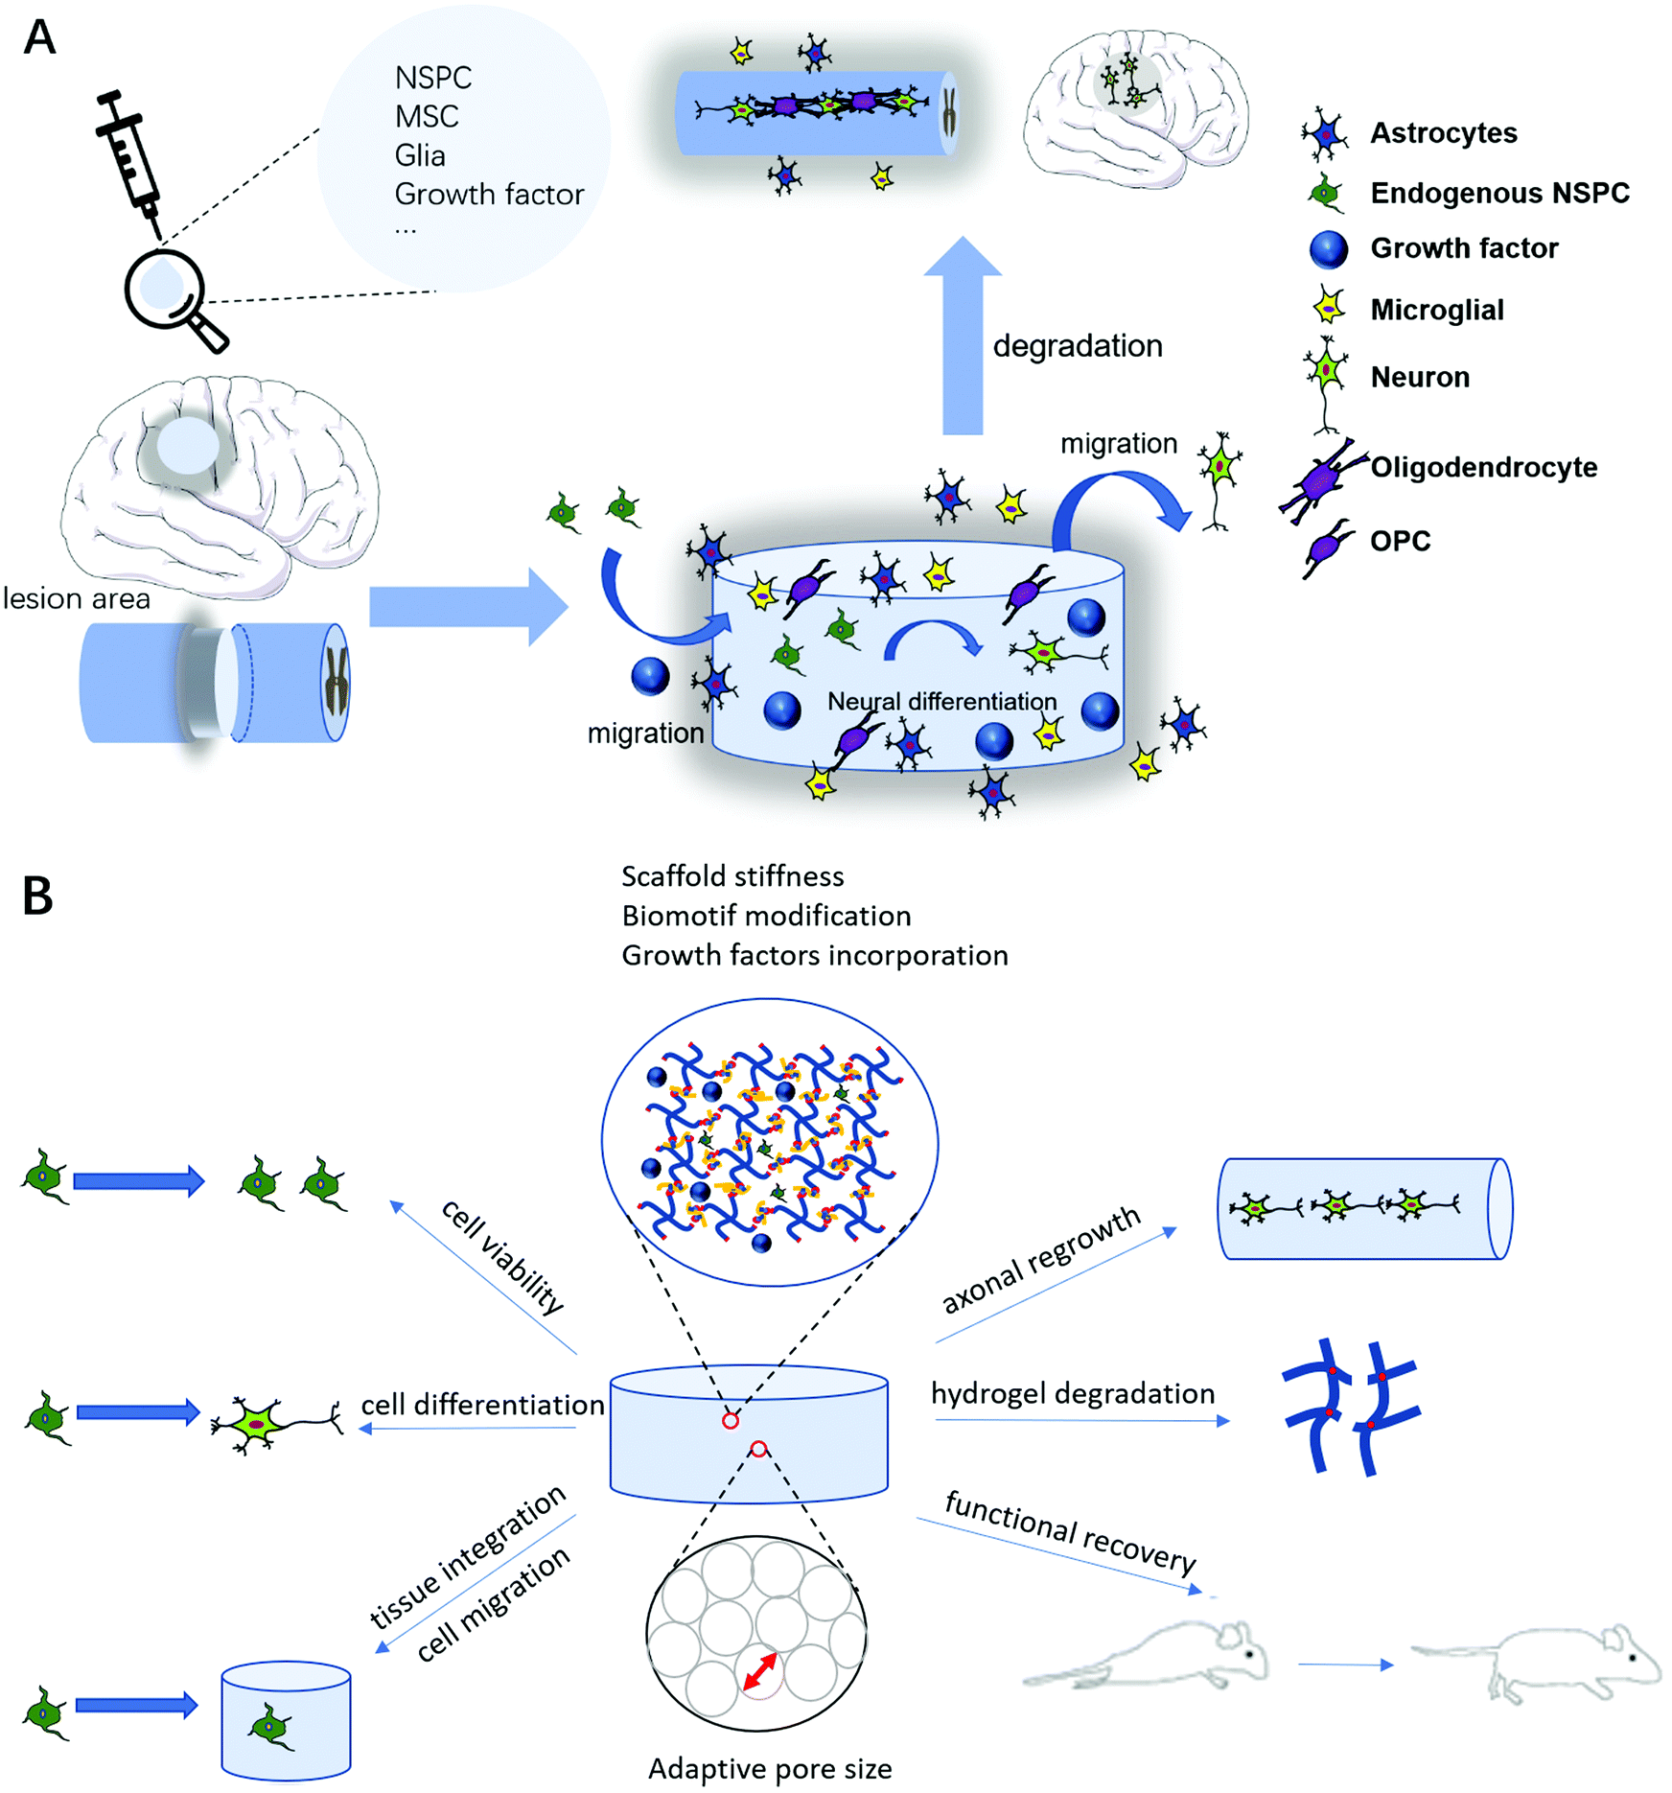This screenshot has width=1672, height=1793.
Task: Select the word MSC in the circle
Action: point(427,117)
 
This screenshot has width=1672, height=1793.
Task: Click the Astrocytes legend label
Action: point(1443,133)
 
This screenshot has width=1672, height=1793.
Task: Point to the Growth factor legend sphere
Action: point(1328,249)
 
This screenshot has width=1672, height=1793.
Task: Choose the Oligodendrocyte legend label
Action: point(1483,468)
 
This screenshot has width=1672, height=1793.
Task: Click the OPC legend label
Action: point(1400,542)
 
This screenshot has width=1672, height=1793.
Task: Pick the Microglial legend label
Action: point(1436,311)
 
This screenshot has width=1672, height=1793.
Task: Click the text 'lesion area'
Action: point(77,599)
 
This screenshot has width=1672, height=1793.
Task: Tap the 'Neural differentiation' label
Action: point(941,702)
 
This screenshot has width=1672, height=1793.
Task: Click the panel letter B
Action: point(37,896)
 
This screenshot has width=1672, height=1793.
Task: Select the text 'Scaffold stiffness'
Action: point(732,876)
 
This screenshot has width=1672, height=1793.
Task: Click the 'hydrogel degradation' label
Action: point(1072,1394)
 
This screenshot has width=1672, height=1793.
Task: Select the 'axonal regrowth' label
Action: point(1041,1260)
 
